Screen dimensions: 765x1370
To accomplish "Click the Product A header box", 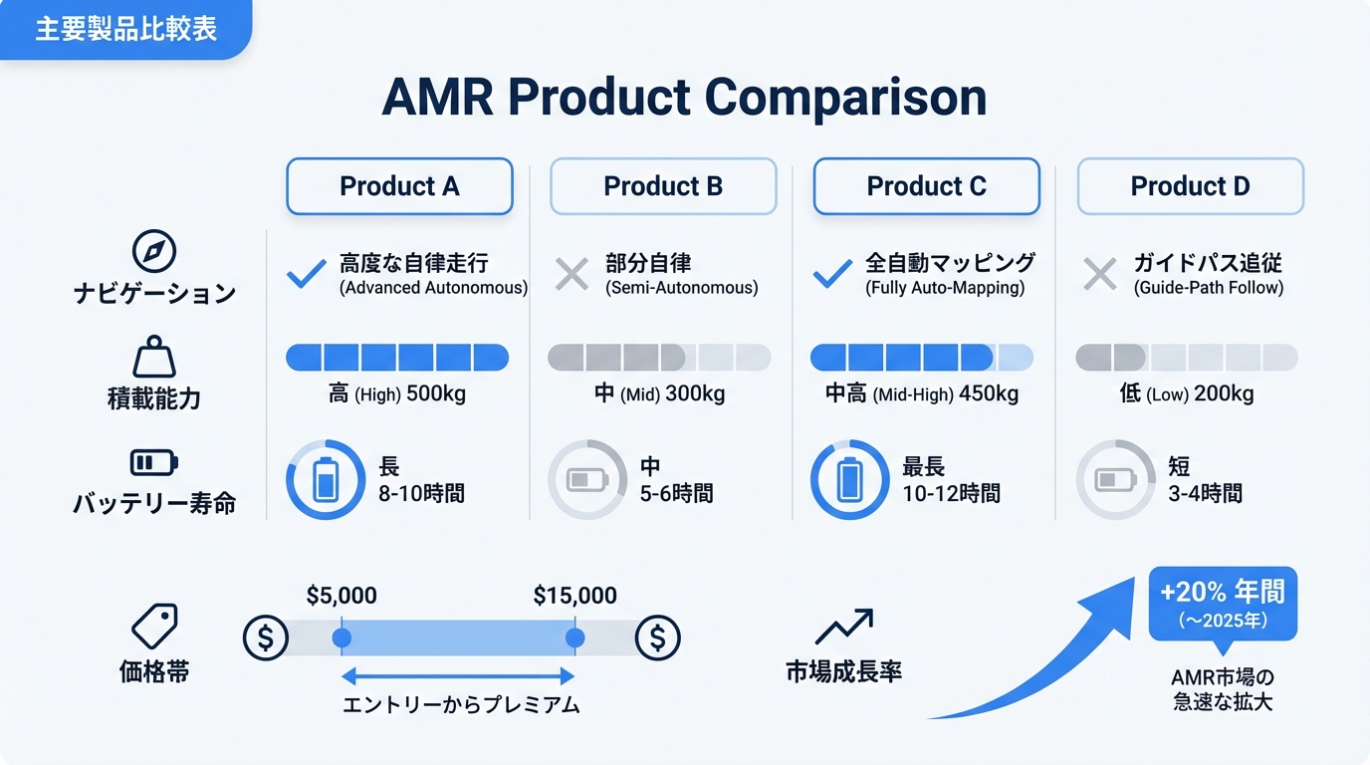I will (399, 186).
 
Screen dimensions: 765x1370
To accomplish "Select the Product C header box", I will (926, 186).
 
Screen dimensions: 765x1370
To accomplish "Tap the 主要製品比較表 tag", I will (125, 29).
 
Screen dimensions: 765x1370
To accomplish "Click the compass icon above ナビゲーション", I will (153, 252).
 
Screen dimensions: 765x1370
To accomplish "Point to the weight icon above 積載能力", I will (153, 357).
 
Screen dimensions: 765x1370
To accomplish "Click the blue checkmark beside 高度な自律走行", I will (306, 274).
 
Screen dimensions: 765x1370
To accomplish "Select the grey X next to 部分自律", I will (571, 274).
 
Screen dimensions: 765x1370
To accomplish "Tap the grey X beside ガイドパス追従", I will (1099, 274).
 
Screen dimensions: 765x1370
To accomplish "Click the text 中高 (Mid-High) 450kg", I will (922, 394).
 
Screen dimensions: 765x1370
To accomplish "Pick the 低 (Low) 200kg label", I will (1186, 394).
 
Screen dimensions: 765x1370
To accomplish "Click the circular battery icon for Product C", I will (849, 480).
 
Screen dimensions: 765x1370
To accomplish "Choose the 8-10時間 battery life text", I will (421, 493).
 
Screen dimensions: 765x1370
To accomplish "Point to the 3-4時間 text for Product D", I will (1205, 493).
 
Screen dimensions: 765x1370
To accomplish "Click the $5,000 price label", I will (342, 597).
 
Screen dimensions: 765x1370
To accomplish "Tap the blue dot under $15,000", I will (574, 637).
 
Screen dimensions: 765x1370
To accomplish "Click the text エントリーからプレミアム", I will (460, 705).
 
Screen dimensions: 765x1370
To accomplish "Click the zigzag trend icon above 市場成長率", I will (843, 628).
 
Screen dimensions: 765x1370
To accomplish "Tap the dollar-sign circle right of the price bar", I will (657, 637).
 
